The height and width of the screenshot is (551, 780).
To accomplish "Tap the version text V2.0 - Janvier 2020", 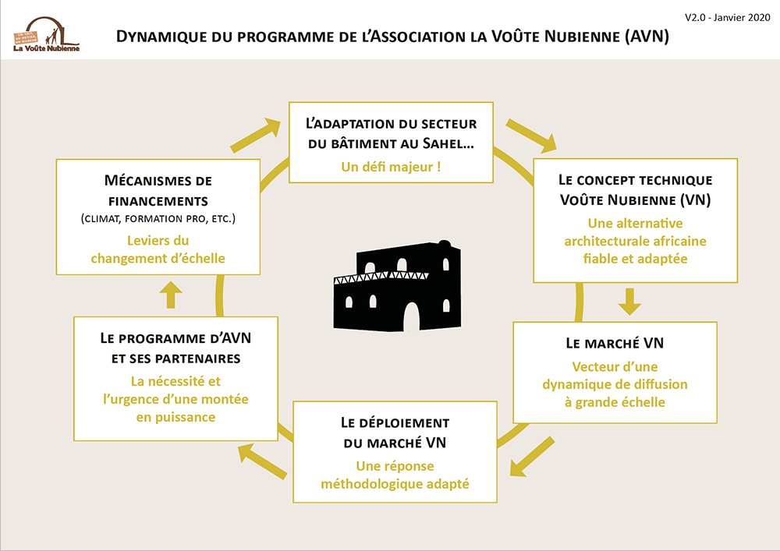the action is [x=727, y=17].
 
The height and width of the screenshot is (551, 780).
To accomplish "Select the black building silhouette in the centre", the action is [x=397, y=286].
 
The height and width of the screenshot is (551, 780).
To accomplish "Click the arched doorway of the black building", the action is [x=411, y=317].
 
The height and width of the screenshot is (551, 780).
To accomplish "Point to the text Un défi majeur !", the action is [x=391, y=167].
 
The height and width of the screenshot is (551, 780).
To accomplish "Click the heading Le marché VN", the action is [x=615, y=344].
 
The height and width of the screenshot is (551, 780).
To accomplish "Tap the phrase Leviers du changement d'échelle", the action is [x=158, y=249].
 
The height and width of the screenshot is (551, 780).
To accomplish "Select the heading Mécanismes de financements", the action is [x=158, y=190].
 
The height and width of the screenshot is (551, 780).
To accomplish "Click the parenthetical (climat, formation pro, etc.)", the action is [x=158, y=219].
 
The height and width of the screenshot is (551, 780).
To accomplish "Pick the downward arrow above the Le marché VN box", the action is [x=629, y=302].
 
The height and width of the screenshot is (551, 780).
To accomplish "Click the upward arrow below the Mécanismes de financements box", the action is [x=171, y=295].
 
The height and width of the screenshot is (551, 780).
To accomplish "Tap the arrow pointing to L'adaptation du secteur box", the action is [x=256, y=135].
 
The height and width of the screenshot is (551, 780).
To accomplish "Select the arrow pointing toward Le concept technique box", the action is [x=531, y=136].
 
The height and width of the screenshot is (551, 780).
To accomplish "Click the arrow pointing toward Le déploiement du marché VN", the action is [x=532, y=457].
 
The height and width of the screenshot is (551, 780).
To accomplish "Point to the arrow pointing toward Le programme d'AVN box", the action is [x=262, y=461].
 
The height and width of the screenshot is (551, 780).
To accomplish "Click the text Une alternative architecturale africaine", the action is [x=635, y=232].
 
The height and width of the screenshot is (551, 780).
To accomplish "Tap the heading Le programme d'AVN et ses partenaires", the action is [x=175, y=348].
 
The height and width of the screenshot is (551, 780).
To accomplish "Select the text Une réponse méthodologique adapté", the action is [x=395, y=475].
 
